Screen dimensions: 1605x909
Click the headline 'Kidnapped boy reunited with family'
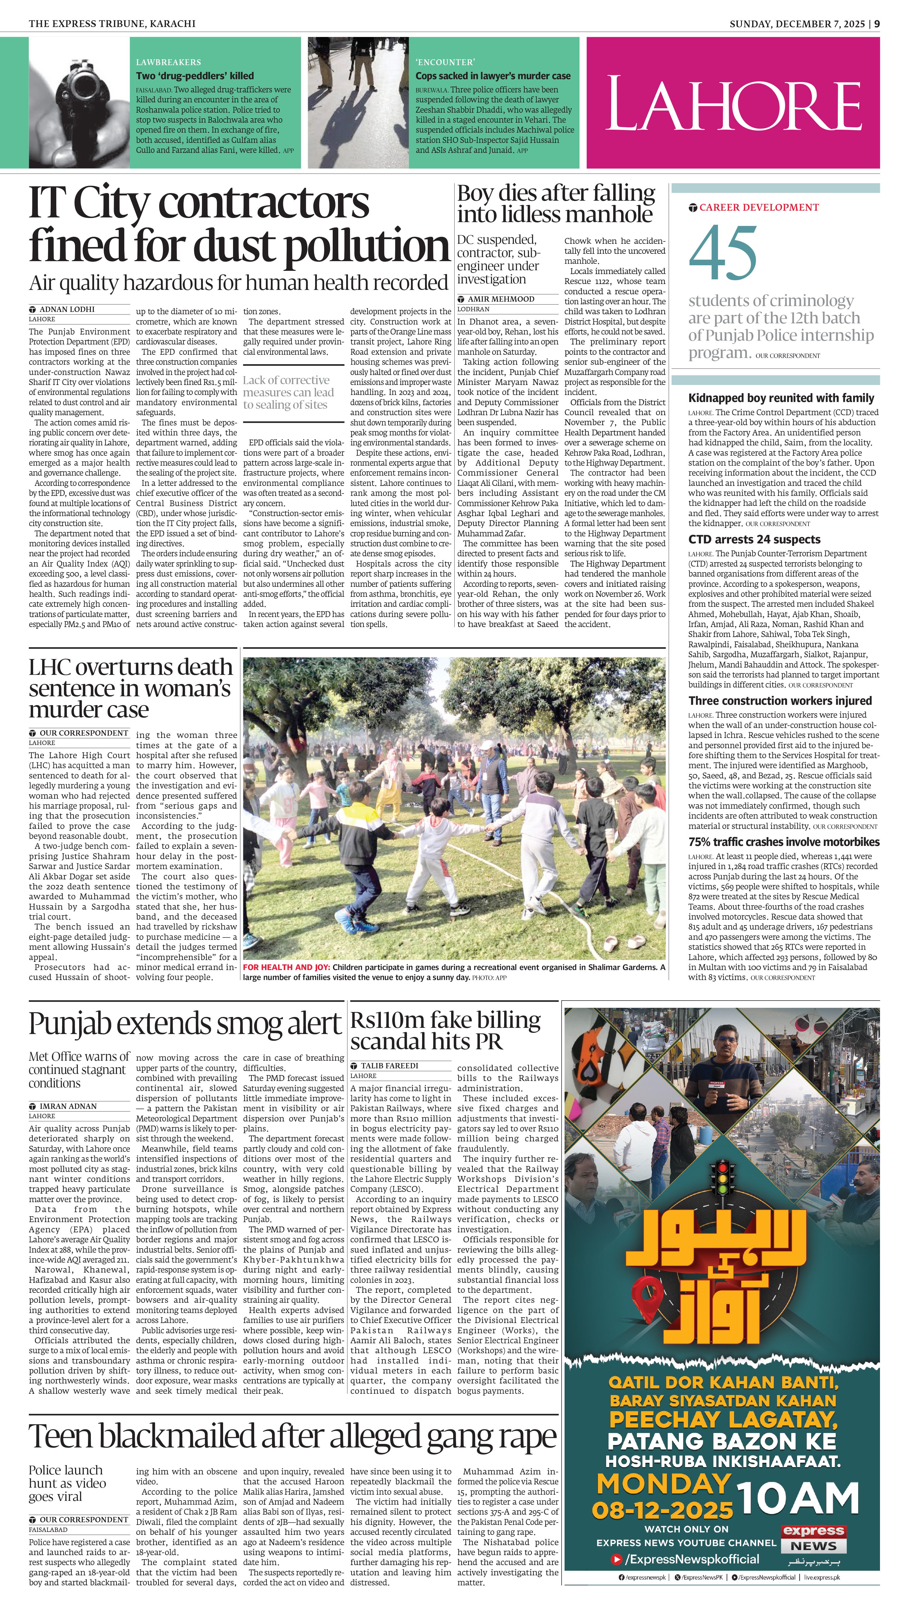pyautogui.click(x=781, y=398)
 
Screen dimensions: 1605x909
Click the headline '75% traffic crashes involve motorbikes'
pyautogui.click(x=784, y=842)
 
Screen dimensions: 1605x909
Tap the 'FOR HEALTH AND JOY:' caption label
pyautogui.click(x=286, y=967)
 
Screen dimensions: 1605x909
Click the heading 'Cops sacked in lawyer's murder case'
pyautogui.click(x=492, y=76)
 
